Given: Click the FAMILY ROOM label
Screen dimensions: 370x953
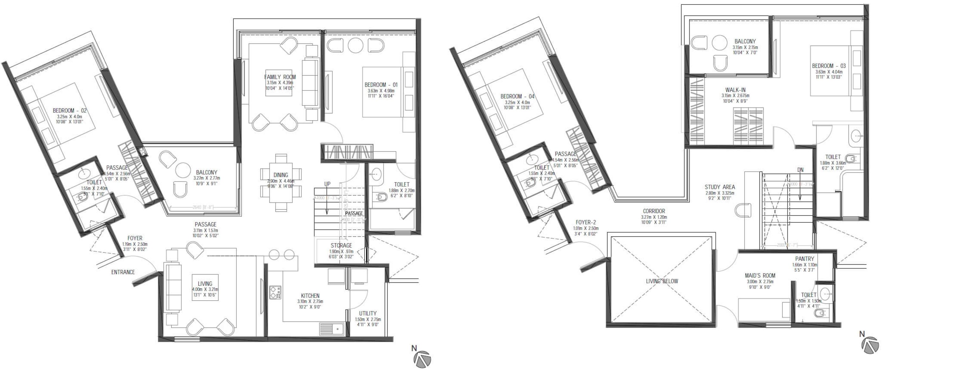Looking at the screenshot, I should coord(280,77).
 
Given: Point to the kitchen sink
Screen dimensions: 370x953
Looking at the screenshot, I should coord(332,329).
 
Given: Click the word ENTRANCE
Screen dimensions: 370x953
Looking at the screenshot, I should coord(123,272).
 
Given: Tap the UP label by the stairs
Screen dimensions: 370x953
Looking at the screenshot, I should coord(328,184).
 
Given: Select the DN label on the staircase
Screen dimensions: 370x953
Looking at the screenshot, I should coord(800,170).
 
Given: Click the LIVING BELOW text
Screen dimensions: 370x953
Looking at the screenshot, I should coord(662,281).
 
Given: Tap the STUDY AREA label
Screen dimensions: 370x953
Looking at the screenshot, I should coord(720,187).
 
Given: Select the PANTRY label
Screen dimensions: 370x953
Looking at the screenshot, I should coord(804,259).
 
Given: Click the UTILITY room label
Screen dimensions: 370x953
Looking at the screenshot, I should coord(368,313).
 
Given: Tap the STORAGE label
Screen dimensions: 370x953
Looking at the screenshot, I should coord(341,245).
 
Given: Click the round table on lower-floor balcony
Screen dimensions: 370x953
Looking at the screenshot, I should coord(183,170).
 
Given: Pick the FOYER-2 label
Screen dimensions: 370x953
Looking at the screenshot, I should coord(586,222).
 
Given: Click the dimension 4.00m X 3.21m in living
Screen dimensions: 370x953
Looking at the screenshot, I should coord(205,289).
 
